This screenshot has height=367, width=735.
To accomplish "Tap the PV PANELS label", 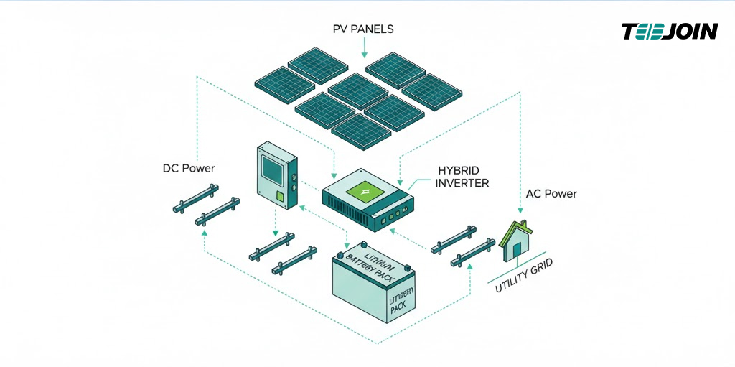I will (x=363, y=29).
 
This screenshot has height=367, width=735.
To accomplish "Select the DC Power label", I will (x=188, y=169).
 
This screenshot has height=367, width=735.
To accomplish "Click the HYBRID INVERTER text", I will (x=463, y=177).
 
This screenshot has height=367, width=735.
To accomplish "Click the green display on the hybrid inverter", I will (x=366, y=192).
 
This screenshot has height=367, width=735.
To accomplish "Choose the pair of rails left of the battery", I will (x=283, y=253).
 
